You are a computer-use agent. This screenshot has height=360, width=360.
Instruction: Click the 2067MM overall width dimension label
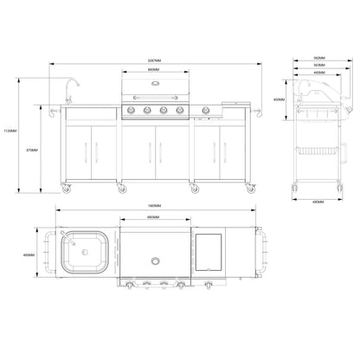coord(152,60)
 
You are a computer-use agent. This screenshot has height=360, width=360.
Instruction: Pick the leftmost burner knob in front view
coord(133,110)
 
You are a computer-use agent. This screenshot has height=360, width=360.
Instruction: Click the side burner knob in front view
coord(205,110)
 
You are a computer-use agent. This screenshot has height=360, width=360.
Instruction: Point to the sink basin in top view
coord(85,253)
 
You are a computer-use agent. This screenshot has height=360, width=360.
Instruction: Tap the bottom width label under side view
coord(318,201)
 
